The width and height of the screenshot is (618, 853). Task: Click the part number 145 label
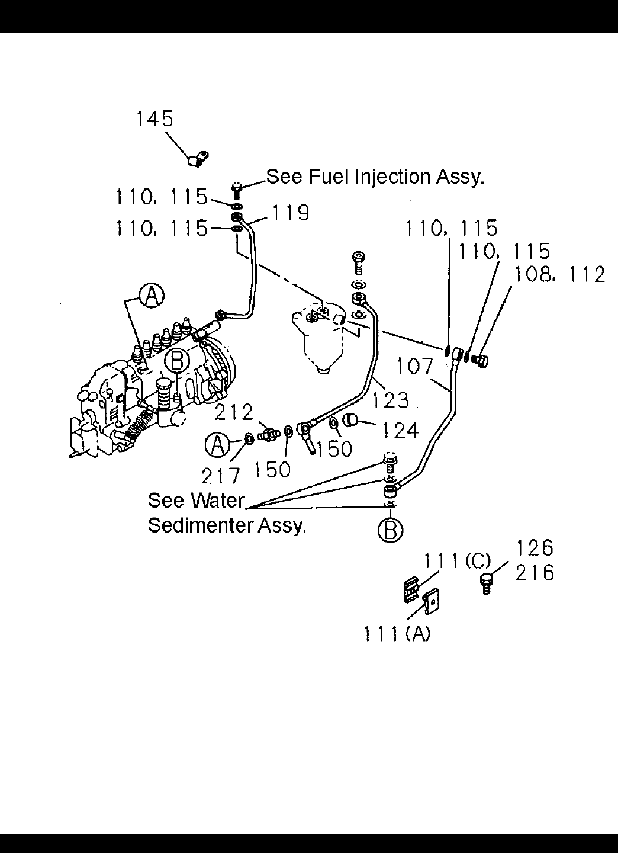pyautogui.click(x=154, y=119)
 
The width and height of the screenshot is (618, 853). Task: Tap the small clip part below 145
pyautogui.click(x=197, y=159)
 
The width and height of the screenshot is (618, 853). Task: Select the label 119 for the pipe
pyautogui.click(x=290, y=212)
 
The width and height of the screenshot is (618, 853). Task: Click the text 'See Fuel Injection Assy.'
pyautogui.click(x=375, y=176)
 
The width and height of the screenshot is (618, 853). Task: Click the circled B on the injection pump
pyautogui.click(x=176, y=360)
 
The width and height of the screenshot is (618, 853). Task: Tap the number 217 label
pyautogui.click(x=221, y=474)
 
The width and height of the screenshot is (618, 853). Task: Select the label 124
pyautogui.click(x=400, y=429)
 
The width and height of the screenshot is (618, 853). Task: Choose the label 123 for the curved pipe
pyautogui.click(x=391, y=400)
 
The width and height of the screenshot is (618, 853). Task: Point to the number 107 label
pyautogui.click(x=416, y=365)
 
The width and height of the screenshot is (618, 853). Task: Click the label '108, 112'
pyautogui.click(x=559, y=274)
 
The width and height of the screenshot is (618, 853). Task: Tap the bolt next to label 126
pyautogui.click(x=487, y=582)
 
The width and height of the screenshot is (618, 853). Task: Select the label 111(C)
pyautogui.click(x=457, y=560)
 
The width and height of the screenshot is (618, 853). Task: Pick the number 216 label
pyautogui.click(x=535, y=573)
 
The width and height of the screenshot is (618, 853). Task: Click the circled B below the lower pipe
pyautogui.click(x=390, y=530)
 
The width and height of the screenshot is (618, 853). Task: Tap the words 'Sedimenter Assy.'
pyautogui.click(x=227, y=525)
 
